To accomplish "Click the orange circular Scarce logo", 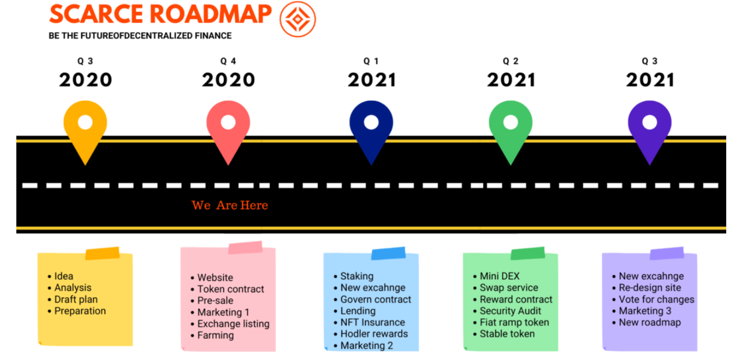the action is point(297,19).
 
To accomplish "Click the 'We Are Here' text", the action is point(229,205).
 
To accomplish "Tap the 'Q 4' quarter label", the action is point(228,61).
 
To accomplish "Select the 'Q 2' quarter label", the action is point(510,61).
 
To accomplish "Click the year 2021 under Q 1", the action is point(372,80).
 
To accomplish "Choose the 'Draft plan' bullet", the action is point(76,299).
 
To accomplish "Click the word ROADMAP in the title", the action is point(211,14).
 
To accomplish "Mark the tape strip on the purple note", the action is point(667,254).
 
